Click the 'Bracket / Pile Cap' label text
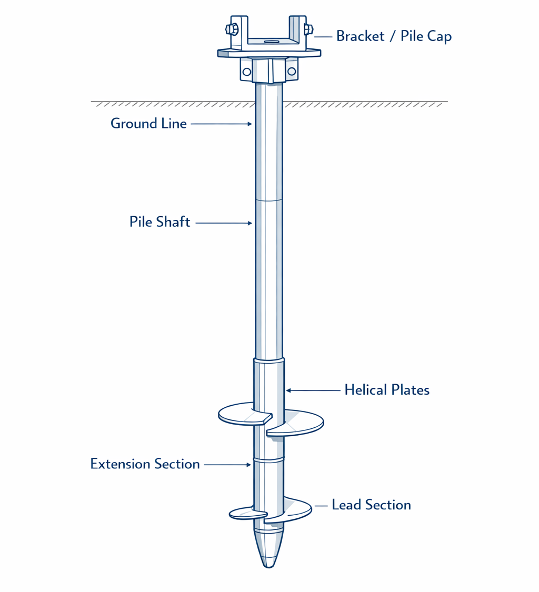tap(394, 36)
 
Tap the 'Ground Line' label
tap(148, 124)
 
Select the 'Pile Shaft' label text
tap(159, 222)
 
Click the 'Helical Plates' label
tap(387, 390)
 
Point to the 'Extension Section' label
tap(145, 464)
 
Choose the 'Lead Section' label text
tap(371, 505)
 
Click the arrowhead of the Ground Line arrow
tap(251, 124)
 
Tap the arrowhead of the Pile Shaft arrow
tap(251, 223)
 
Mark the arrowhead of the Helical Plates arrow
tap(288, 390)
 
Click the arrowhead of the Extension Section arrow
tap(248, 465)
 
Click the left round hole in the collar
tap(246, 71)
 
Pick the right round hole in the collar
tap(291, 71)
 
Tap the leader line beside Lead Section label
tap(321, 506)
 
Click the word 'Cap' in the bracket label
tap(438, 36)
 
